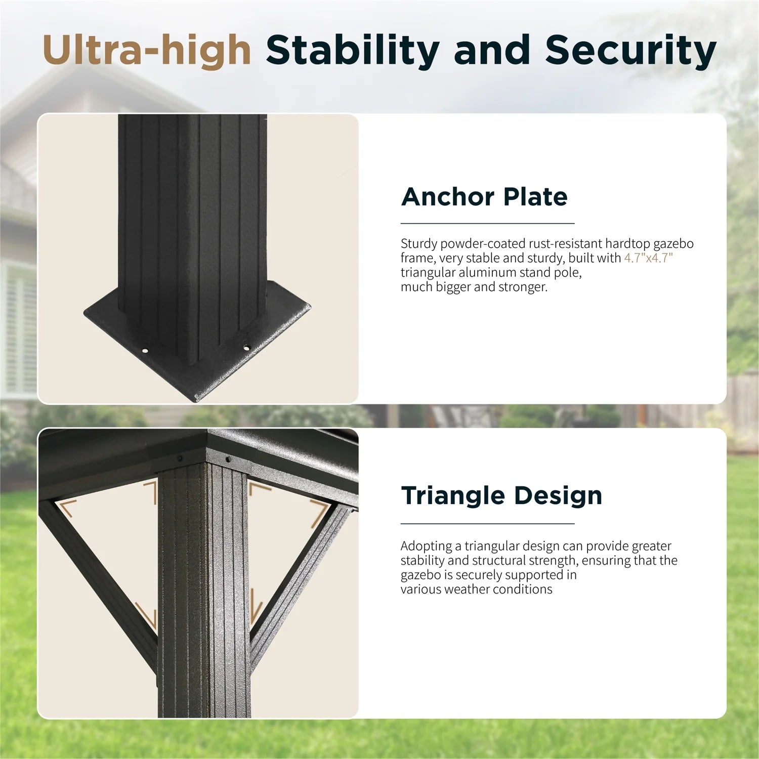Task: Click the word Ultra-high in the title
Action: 147,50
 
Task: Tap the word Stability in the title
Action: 353,51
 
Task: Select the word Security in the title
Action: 630,51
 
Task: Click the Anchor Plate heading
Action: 484,197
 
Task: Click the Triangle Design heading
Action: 501,496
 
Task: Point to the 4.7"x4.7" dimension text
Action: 648,258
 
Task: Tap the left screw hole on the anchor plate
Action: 145,350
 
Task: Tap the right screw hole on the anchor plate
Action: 246,348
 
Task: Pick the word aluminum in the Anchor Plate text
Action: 485,272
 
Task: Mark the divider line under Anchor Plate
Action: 488,223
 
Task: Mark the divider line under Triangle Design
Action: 488,524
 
